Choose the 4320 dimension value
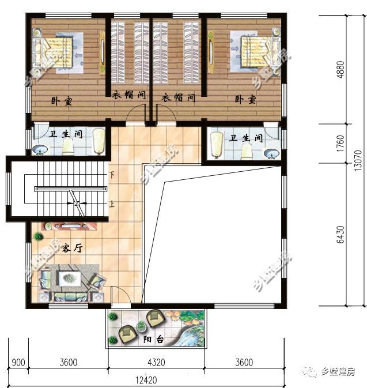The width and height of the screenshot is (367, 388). click(156, 363)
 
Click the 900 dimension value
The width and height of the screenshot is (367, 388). click(18, 363)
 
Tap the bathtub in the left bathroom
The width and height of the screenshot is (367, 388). click(100, 141)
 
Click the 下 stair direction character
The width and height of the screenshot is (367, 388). click(112, 174)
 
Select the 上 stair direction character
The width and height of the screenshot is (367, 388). click(112, 204)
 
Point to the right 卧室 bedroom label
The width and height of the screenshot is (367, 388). click(245, 100)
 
